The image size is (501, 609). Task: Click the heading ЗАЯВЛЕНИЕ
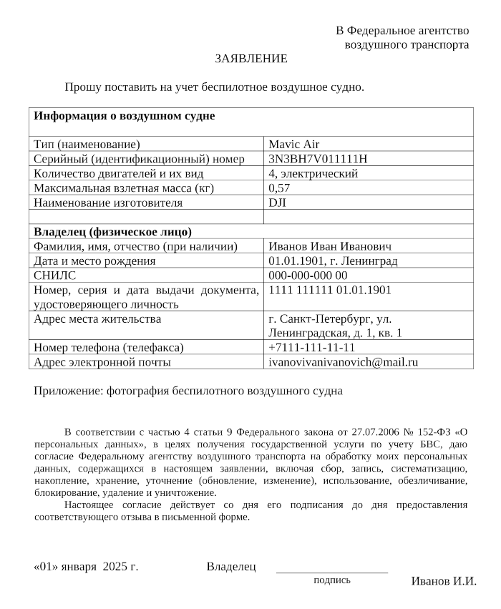pyautogui.click(x=250, y=59)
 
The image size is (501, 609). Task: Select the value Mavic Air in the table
pyautogui.click(x=293, y=145)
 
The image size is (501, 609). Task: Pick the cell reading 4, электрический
pyautogui.click(x=313, y=173)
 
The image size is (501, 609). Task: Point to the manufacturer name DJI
pyautogui.click(x=277, y=203)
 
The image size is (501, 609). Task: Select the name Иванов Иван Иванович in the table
pyautogui.click(x=330, y=246)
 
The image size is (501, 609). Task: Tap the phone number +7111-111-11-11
pyautogui.click(x=311, y=348)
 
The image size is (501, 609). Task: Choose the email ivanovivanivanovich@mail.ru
pyautogui.click(x=343, y=362)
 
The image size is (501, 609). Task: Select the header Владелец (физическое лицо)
pyautogui.click(x=113, y=232)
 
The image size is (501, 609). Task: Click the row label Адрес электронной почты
pyautogui.click(x=102, y=362)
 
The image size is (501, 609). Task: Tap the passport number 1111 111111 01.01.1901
pyautogui.click(x=330, y=290)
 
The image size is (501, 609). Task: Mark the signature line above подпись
pyautogui.click(x=331, y=573)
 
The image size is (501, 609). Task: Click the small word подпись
pyautogui.click(x=332, y=580)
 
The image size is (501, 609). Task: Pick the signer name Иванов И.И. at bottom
pyautogui.click(x=444, y=580)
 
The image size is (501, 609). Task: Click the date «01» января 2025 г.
pyautogui.click(x=86, y=567)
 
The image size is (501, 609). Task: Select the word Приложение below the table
pyautogui.click(x=68, y=391)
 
